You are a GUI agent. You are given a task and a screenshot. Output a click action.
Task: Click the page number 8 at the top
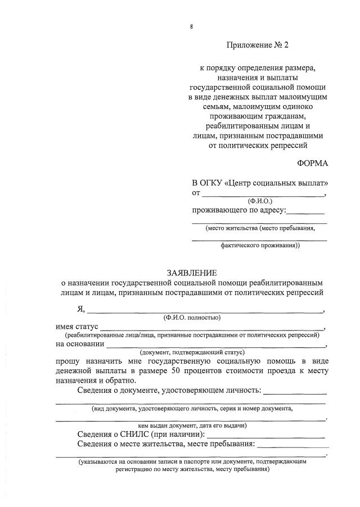click(191, 26)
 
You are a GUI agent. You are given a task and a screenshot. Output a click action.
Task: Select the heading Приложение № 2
click(259, 44)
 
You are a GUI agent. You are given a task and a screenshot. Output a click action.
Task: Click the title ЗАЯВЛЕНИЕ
click(191, 272)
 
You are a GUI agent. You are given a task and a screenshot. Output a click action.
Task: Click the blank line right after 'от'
click(263, 194)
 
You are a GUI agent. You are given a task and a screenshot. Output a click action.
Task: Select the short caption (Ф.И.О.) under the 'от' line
click(259, 201)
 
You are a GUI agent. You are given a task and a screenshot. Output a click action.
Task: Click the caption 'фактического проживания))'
click(259, 245)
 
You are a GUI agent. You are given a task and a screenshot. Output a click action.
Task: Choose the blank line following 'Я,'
click(205, 310)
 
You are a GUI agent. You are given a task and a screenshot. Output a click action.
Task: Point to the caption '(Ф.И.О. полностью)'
click(191, 318)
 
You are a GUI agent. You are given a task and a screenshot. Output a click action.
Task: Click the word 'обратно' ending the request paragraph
click(120, 381)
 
